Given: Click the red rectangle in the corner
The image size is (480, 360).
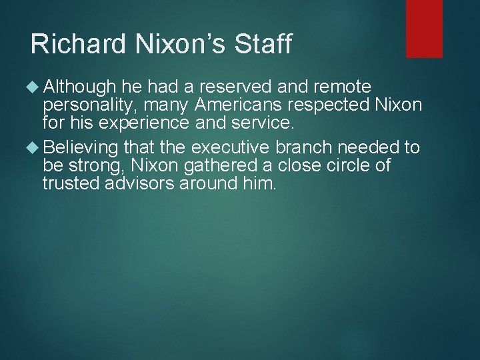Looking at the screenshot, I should pyautogui.click(x=424, y=28).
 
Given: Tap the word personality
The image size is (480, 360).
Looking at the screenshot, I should pyautogui.click(x=91, y=106).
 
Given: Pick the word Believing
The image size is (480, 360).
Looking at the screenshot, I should pyautogui.click(x=83, y=147).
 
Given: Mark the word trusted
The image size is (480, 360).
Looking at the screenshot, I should pyautogui.click(x=71, y=183).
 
